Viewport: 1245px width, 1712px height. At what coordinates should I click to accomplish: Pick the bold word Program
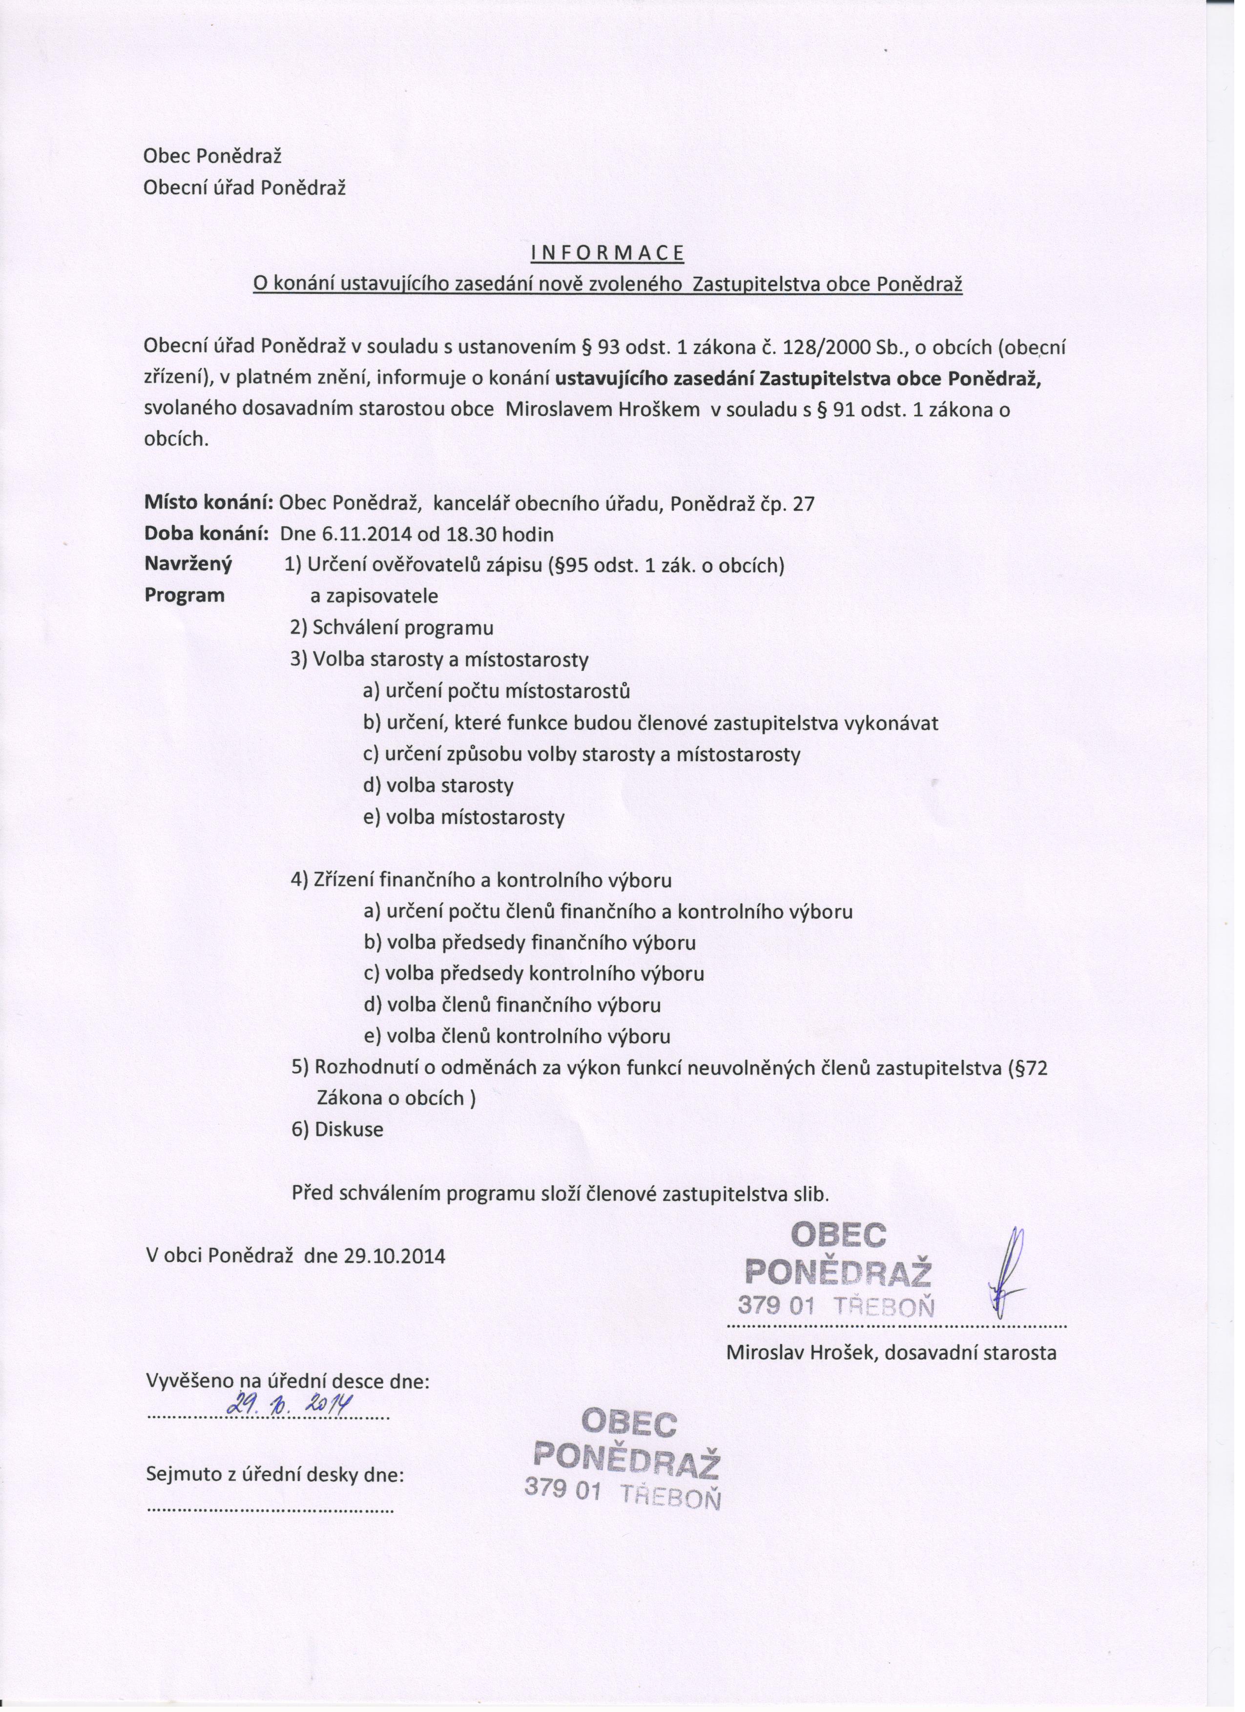tap(184, 595)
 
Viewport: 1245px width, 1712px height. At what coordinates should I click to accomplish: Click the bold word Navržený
tap(188, 565)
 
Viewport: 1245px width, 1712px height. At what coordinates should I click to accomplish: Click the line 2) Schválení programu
tap(392, 628)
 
